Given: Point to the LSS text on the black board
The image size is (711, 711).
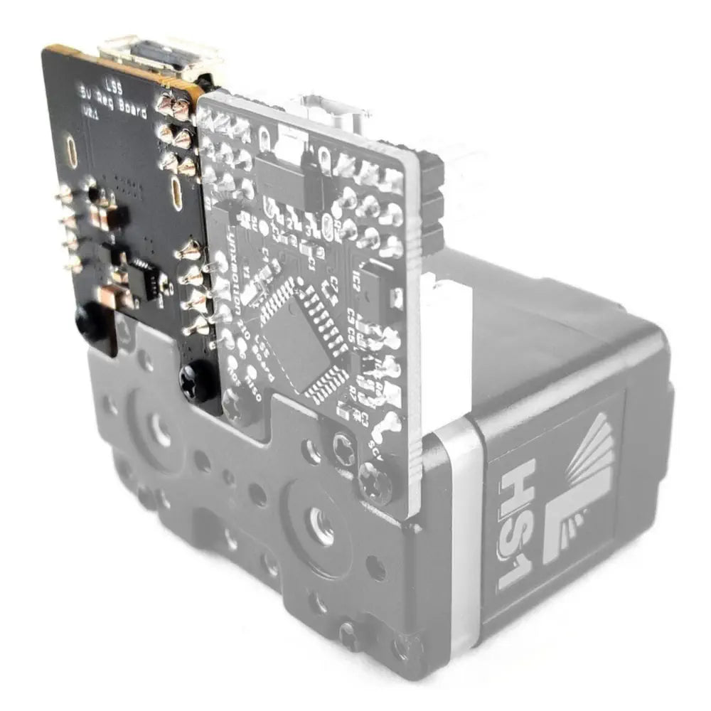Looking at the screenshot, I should pyautogui.click(x=113, y=84).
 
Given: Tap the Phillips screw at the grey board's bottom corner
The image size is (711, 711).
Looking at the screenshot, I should pyautogui.click(x=375, y=481).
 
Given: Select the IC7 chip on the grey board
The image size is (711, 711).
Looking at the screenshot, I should pyautogui.click(x=377, y=284).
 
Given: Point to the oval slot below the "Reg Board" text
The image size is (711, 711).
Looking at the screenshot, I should pyautogui.click(x=175, y=188).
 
